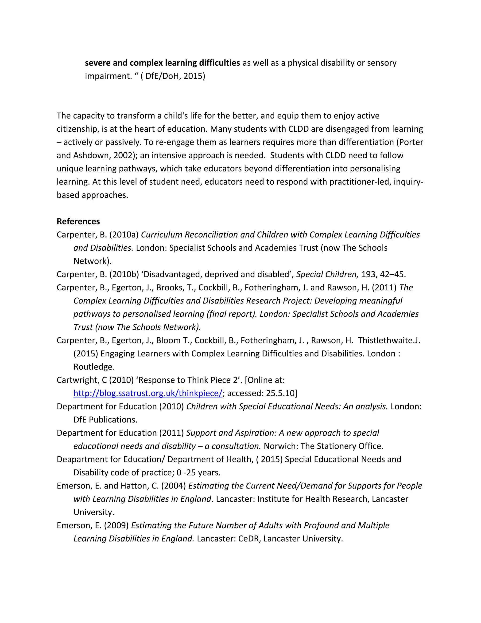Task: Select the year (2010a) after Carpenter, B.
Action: point(124,234)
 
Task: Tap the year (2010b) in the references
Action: point(124,274)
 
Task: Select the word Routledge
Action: point(94,367)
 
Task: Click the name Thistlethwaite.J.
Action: point(389,340)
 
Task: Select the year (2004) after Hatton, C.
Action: point(174,485)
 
